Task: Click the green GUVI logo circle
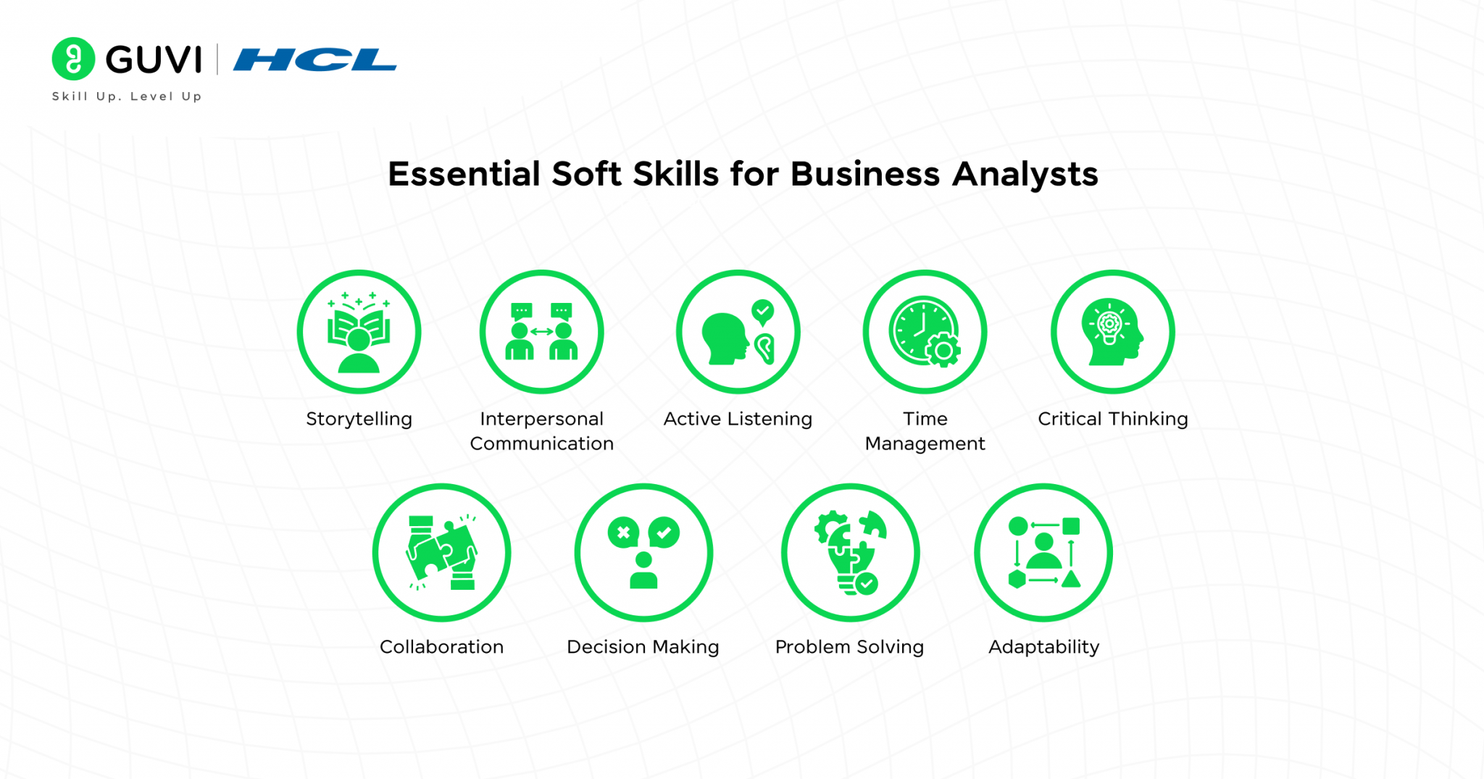click(x=73, y=59)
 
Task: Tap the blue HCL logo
click(x=314, y=60)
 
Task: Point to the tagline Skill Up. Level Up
click(x=127, y=96)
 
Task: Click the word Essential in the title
click(x=464, y=175)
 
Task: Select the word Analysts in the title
click(x=1025, y=175)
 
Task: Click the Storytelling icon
click(x=359, y=332)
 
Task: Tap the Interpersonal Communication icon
click(x=541, y=332)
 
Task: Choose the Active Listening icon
click(x=738, y=332)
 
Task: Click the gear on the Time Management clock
click(x=943, y=351)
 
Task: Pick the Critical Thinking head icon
click(x=1112, y=332)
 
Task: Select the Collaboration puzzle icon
click(x=441, y=553)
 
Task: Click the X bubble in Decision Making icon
click(x=623, y=533)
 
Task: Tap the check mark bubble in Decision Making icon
click(x=664, y=533)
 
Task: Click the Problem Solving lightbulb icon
click(x=850, y=553)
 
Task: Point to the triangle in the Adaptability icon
click(x=1071, y=579)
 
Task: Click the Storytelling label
click(x=359, y=419)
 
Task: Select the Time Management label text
click(x=925, y=431)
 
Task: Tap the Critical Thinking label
click(x=1112, y=419)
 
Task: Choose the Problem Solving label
click(x=849, y=646)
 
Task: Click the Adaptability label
click(x=1043, y=646)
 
